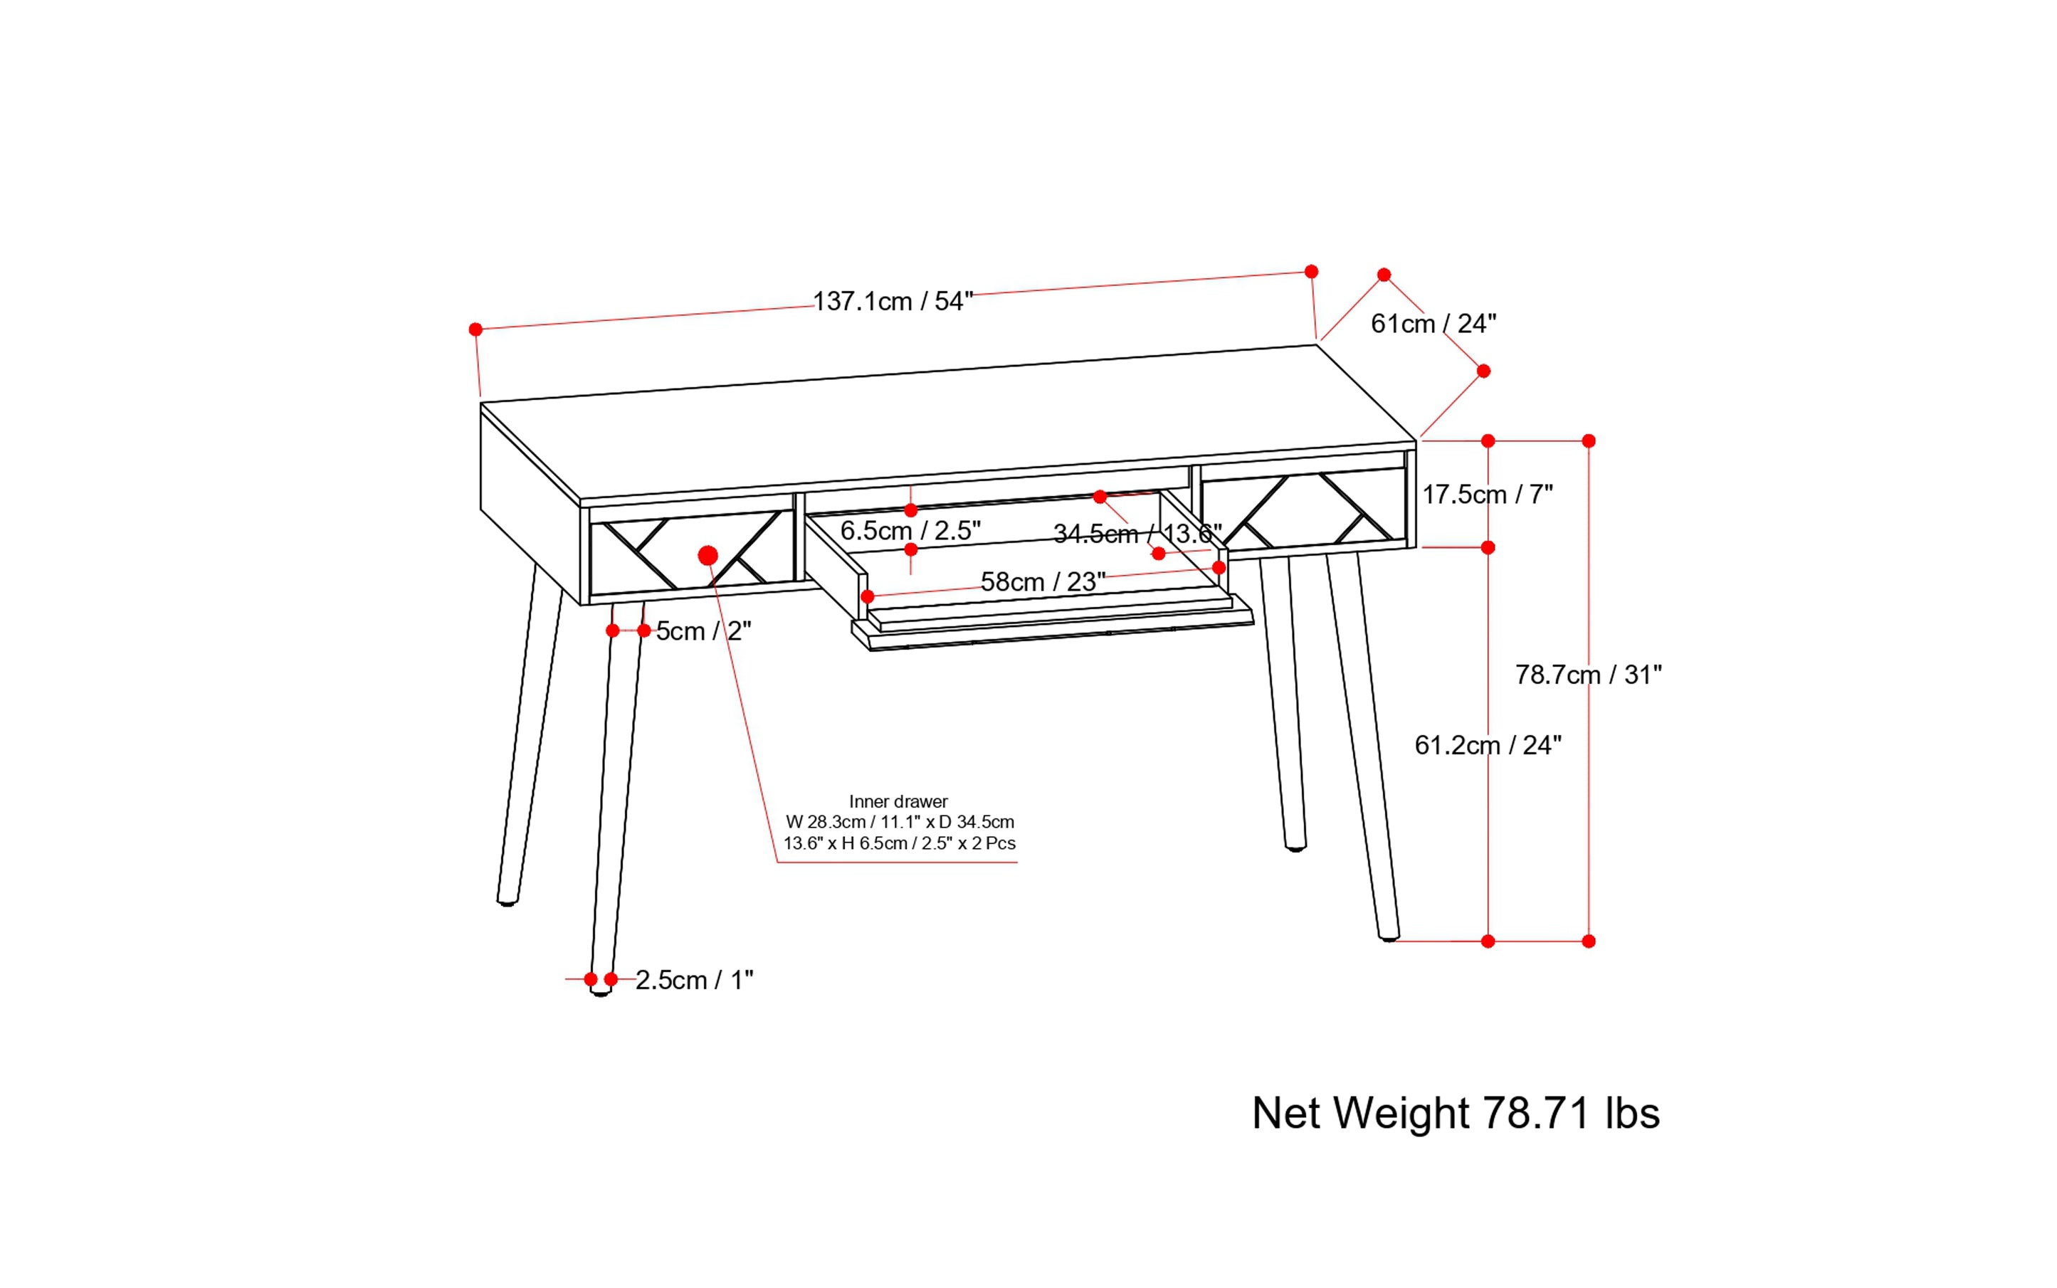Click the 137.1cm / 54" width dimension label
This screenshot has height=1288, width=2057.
tap(892, 302)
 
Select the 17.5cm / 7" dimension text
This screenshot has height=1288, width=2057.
tap(1487, 494)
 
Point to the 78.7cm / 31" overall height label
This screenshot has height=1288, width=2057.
tap(1587, 675)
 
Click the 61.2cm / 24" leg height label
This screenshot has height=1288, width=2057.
tap(1487, 745)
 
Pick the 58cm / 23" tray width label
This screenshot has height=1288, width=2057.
tap(1042, 582)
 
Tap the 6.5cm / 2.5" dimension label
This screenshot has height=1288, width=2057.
tap(910, 531)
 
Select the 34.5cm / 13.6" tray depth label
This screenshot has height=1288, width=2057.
tap(1137, 534)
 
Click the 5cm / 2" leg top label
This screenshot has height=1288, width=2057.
tap(703, 631)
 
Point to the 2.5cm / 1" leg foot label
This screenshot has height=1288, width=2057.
tap(694, 981)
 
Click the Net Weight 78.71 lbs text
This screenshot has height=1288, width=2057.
tap(1455, 1114)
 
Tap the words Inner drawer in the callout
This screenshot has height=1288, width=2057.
tap(898, 801)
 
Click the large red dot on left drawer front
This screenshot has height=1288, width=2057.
tap(707, 556)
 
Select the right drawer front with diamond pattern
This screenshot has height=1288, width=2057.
tap(1302, 511)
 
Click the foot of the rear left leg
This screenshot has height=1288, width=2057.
tap(507, 899)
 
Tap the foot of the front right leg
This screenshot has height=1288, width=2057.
tap(1389, 936)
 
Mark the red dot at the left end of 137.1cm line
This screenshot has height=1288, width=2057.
tap(475, 329)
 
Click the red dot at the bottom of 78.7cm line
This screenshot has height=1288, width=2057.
tap(1589, 941)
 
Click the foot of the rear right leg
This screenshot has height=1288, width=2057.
tap(1295, 847)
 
